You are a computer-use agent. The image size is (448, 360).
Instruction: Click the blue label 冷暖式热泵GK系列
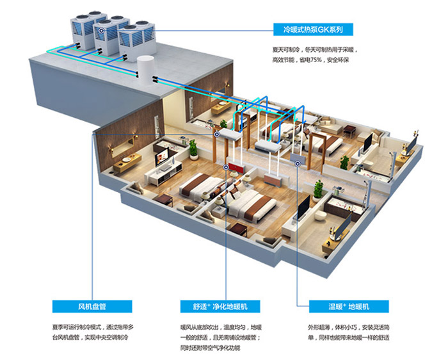313,29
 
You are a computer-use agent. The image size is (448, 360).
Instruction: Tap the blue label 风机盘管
92,307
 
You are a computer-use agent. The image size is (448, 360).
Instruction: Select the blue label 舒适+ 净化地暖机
220,307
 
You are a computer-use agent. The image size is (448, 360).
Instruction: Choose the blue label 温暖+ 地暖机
349,307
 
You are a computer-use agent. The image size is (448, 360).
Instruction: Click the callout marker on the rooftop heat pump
101,30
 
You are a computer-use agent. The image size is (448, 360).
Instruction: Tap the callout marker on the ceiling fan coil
217,134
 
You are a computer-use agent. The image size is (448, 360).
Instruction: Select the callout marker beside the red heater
226,167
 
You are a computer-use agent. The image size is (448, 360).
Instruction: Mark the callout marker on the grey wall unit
298,164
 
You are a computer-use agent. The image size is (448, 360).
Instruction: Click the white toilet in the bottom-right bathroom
320,215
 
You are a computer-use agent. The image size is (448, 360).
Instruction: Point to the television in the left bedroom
162,158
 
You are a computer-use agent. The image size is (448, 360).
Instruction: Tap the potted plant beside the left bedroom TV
193,149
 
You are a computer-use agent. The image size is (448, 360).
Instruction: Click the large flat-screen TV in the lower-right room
303,207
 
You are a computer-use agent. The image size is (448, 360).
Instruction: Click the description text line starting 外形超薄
349,327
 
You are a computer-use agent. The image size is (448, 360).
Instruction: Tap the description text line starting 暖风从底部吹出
221,327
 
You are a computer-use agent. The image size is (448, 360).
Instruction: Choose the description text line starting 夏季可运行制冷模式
93,327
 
